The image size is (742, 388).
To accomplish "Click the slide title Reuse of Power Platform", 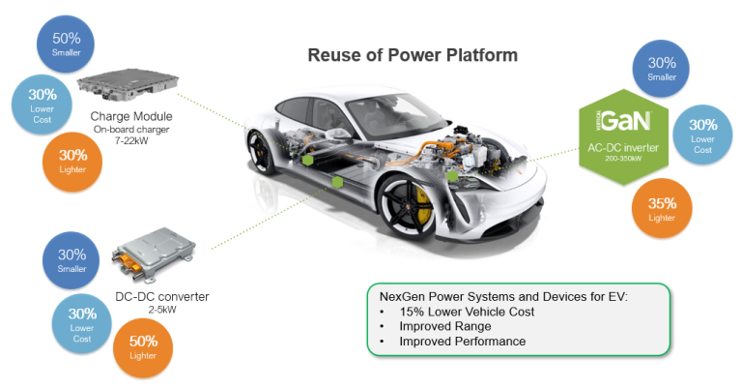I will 413,55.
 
